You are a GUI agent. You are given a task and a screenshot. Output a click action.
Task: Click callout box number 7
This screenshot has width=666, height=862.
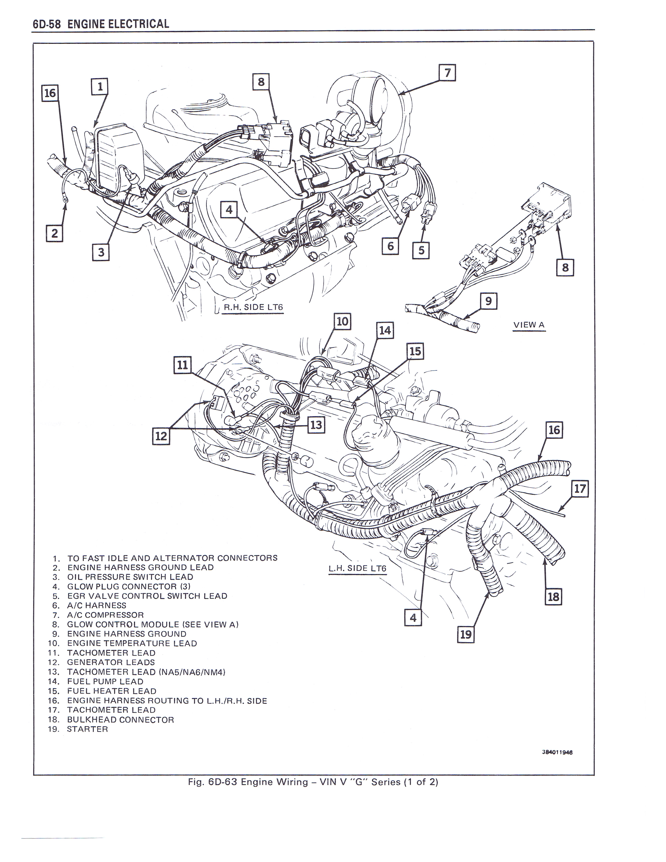coord(447,73)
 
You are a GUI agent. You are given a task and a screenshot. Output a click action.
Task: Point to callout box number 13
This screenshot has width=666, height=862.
coord(316,425)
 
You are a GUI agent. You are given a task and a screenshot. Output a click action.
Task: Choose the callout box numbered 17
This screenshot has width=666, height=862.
coord(580,489)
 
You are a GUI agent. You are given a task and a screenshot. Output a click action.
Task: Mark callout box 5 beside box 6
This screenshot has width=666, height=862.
coord(421,250)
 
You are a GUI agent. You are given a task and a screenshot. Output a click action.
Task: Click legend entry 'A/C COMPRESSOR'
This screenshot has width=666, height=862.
coord(105,615)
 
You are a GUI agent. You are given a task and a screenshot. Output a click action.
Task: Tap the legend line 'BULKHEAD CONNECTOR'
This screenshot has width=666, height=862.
coord(120,720)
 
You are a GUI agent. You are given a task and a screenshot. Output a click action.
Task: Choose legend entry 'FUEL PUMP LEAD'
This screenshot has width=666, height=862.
coord(105,681)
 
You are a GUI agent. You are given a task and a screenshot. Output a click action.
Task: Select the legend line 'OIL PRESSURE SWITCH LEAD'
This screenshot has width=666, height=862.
coord(130,577)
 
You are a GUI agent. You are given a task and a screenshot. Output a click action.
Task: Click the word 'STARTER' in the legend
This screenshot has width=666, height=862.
coord(87,729)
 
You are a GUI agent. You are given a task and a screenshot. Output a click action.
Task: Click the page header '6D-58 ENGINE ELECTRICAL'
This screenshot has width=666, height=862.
coord(101,24)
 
